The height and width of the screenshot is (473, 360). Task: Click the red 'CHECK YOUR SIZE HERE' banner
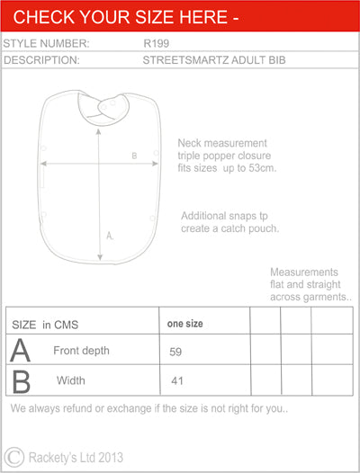tap(180, 17)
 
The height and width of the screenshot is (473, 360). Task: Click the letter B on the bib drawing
tap(133, 156)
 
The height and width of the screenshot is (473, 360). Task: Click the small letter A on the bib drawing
tap(110, 236)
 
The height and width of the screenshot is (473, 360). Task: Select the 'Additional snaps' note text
tap(230, 222)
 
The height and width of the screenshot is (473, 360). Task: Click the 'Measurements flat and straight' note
tap(310, 284)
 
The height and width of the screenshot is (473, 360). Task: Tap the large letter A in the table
tap(20, 350)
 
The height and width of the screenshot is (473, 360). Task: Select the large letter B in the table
tap(20, 380)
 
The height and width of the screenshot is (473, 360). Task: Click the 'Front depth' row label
tap(81, 350)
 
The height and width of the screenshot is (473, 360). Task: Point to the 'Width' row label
tap(71, 380)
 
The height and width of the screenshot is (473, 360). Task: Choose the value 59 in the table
tap(176, 352)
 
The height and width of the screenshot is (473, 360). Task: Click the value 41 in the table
tap(176, 381)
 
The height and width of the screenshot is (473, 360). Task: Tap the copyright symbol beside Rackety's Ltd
tap(14, 456)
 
